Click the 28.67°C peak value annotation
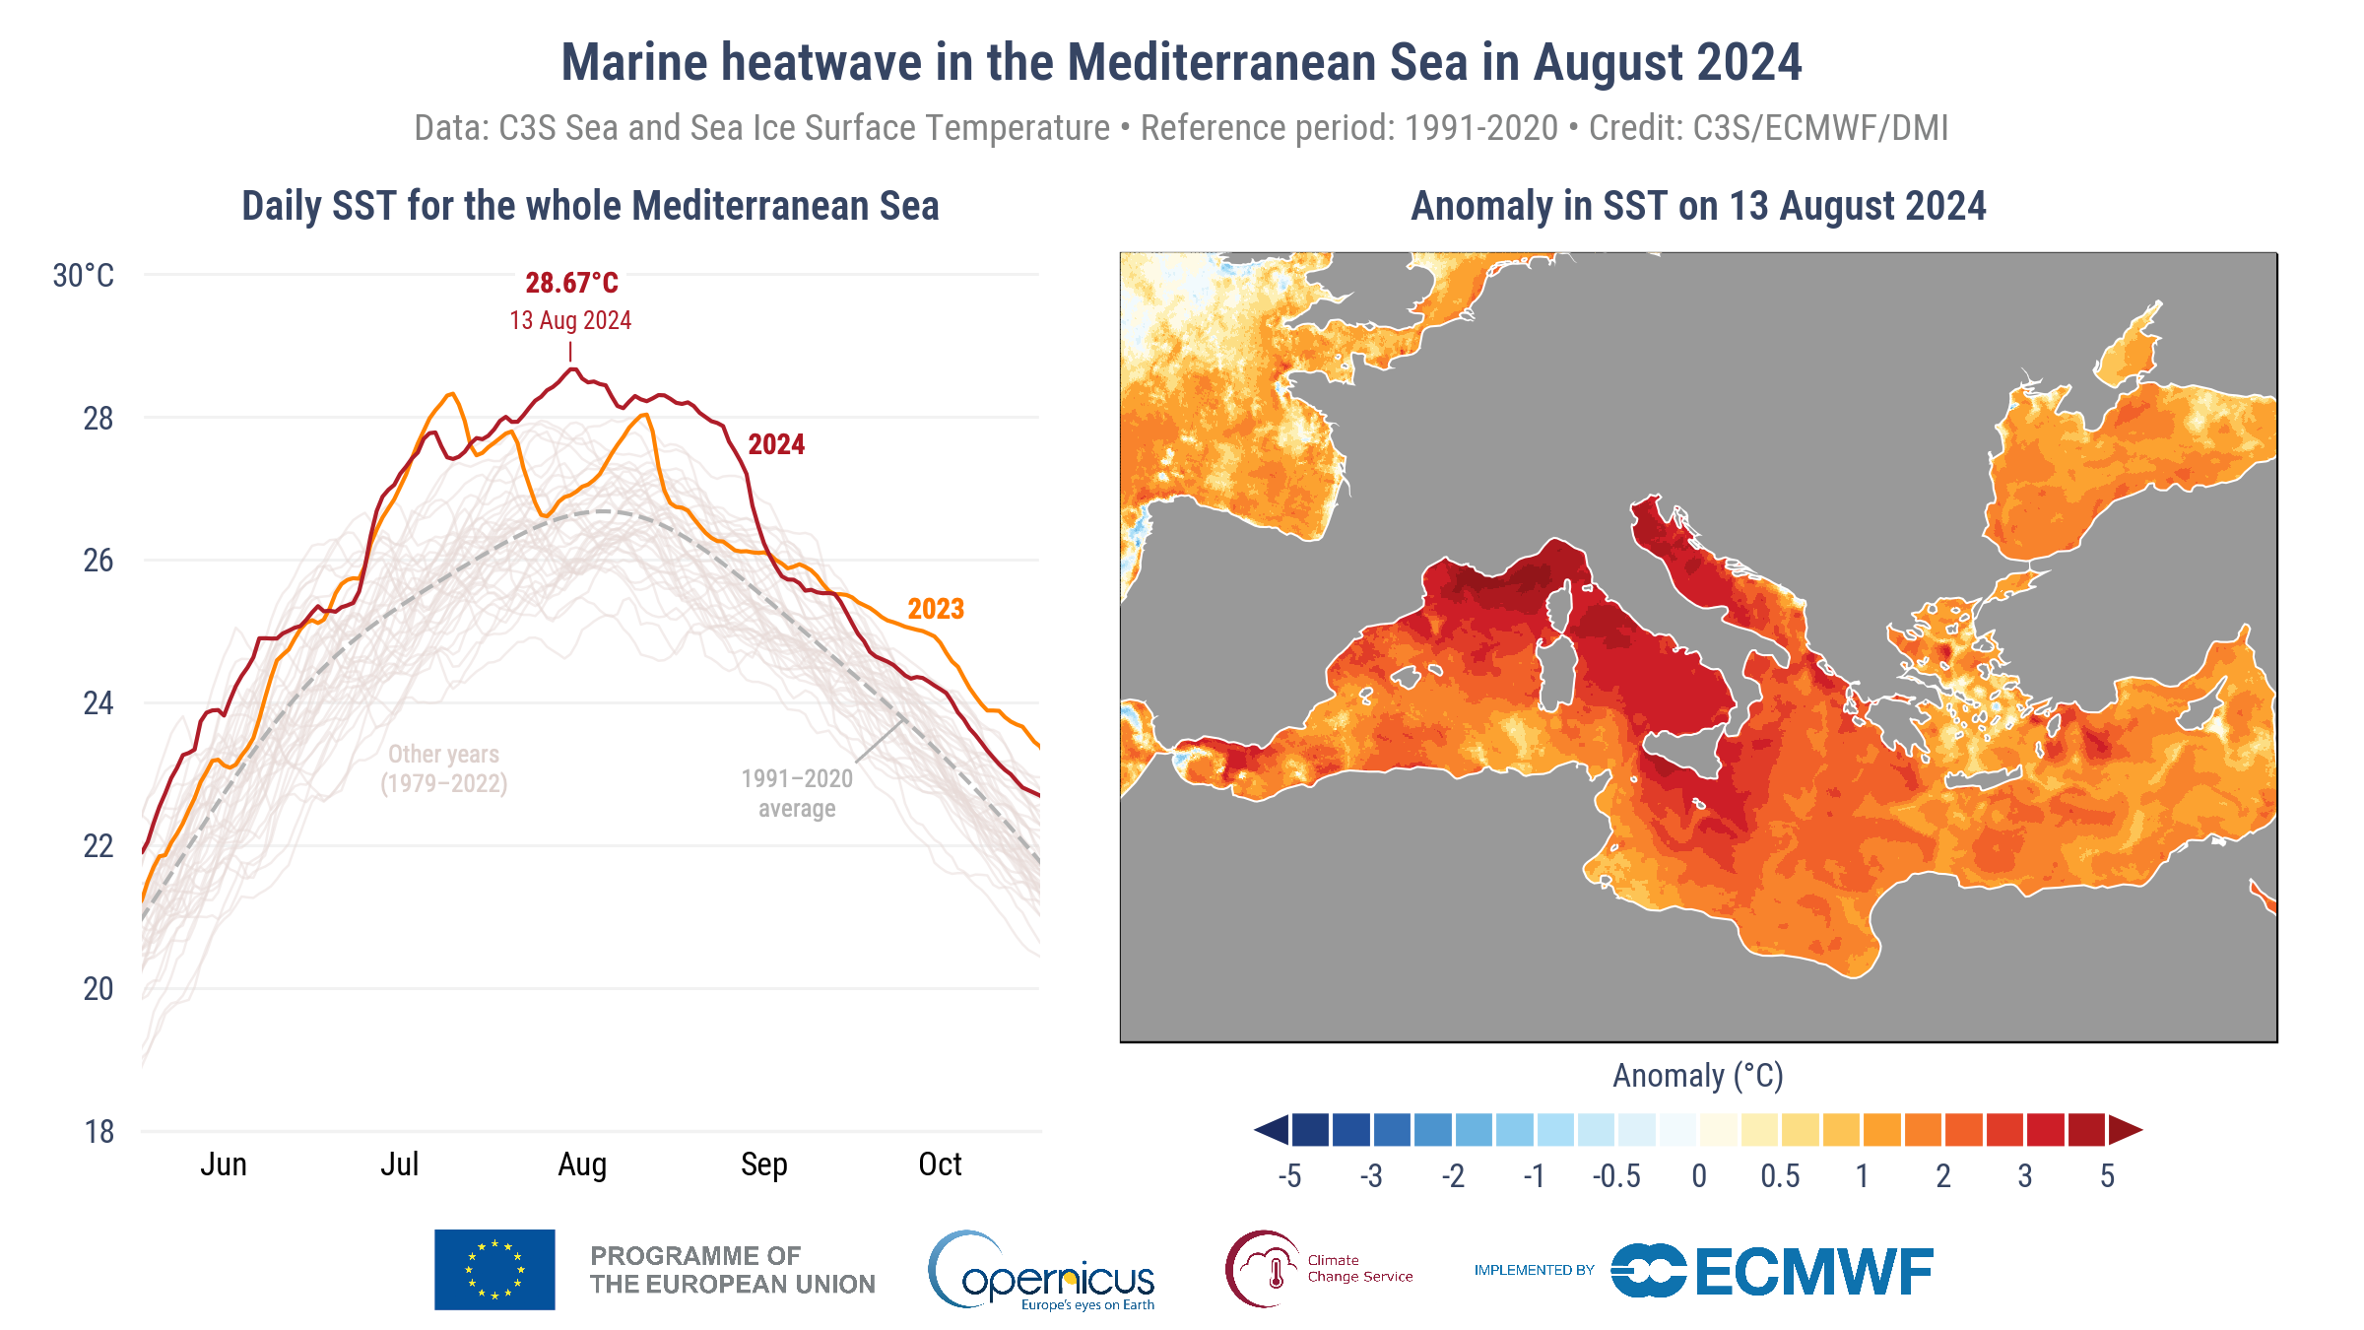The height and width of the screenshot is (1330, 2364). [571, 284]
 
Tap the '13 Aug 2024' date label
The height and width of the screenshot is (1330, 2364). [570, 321]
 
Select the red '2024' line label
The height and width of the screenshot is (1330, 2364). [776, 445]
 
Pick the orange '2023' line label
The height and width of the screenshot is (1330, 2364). [936, 609]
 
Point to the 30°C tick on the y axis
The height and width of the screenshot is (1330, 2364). [84, 276]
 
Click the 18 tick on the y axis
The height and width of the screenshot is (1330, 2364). [98, 1132]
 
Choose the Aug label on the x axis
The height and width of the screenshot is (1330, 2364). [582, 1164]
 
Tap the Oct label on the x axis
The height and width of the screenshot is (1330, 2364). [940, 1164]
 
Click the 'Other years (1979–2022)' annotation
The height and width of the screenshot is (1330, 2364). [444, 768]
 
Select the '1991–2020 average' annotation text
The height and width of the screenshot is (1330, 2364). [797, 793]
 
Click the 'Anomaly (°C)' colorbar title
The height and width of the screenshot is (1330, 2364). [1698, 1076]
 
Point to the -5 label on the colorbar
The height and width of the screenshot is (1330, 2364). [1289, 1176]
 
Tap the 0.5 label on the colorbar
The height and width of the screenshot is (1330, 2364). [1780, 1176]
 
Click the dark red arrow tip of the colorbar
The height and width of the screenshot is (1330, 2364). [2126, 1130]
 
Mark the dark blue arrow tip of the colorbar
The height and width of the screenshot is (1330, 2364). [1272, 1130]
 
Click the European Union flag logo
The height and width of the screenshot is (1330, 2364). [494, 1270]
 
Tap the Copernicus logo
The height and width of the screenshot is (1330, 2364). [1042, 1271]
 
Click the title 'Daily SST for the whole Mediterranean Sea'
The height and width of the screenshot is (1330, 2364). [590, 207]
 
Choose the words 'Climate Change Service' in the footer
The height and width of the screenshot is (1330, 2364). [1359, 1269]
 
